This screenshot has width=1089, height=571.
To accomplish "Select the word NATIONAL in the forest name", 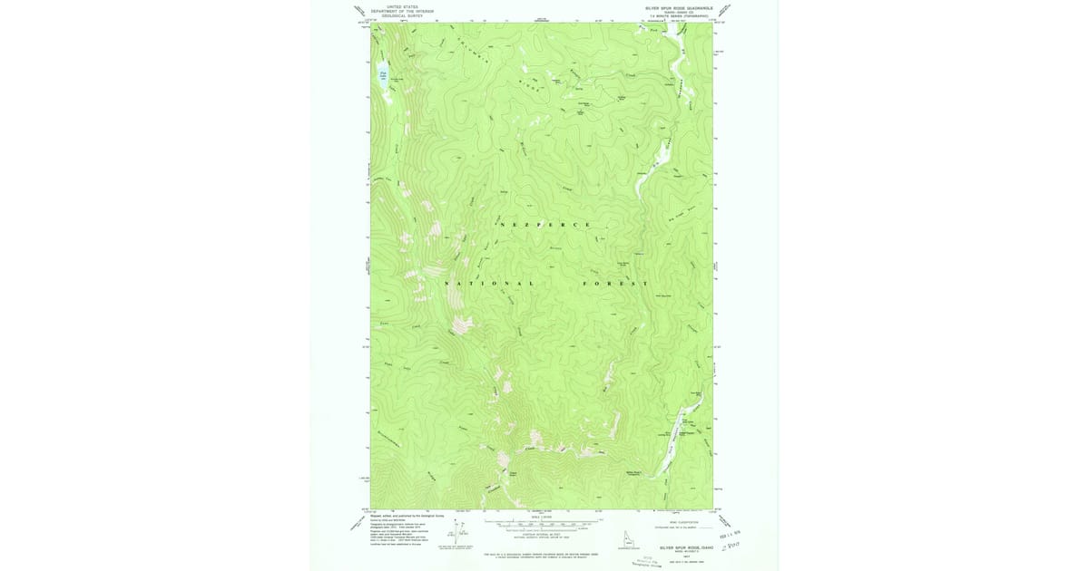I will (x=489, y=283).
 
